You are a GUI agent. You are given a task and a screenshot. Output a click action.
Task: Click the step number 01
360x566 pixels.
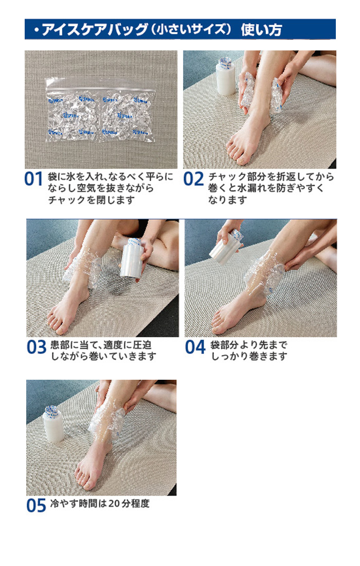point(33,179)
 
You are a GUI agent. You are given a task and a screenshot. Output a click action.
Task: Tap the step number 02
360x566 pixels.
point(193,179)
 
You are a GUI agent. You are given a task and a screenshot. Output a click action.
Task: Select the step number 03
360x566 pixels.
point(37,347)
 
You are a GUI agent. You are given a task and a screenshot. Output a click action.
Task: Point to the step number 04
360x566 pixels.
point(195,347)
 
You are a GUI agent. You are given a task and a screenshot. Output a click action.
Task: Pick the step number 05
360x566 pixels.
point(36,505)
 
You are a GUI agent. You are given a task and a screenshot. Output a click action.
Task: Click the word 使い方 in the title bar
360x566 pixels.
point(261,30)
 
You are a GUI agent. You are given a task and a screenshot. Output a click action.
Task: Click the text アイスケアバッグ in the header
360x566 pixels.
point(95,30)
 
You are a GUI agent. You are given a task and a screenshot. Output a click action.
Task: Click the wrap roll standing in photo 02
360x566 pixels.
point(226,77)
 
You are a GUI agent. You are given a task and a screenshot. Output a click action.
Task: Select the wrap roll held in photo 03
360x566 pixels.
point(131,258)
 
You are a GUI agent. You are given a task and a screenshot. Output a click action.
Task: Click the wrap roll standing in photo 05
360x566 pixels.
point(53,424)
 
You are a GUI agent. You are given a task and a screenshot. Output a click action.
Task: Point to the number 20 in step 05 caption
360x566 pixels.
point(114,504)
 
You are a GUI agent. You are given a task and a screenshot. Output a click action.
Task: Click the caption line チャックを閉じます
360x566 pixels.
point(91,200)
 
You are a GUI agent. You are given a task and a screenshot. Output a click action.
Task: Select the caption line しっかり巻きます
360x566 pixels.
point(249,356)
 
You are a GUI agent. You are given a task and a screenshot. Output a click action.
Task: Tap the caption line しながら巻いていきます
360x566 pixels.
point(104,356)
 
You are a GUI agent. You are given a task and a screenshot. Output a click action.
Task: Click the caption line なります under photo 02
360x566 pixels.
point(228,200)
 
